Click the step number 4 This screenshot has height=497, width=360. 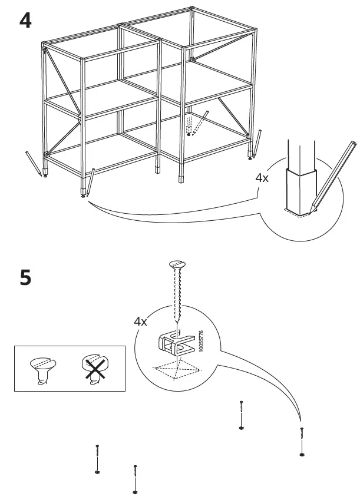[25, 21]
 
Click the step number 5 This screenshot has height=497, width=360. [26, 278]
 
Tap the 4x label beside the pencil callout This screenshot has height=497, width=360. [262, 178]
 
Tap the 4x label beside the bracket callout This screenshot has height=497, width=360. [140, 322]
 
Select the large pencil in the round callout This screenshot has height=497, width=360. [332, 177]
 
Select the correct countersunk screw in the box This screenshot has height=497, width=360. [43, 370]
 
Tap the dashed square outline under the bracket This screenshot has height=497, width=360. [177, 369]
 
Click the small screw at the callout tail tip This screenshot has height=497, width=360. [302, 442]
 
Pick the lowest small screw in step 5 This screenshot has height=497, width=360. [135, 479]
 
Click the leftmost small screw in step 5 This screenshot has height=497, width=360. [97, 459]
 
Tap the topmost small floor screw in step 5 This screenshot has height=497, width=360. [242, 415]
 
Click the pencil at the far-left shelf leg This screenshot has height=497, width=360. [34, 164]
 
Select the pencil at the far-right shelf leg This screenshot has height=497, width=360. [257, 143]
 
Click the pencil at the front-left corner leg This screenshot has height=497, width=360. [90, 183]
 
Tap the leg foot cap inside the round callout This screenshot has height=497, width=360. [301, 191]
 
